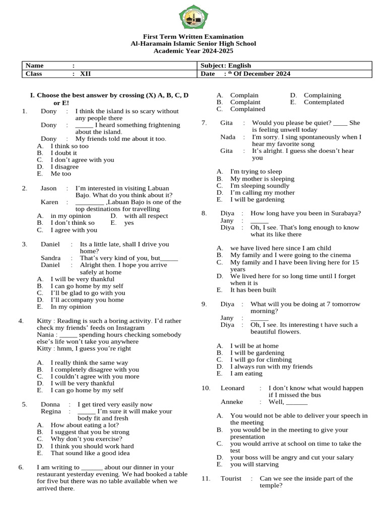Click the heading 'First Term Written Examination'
click(193, 37)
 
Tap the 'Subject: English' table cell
click(226, 65)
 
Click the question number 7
click(204, 123)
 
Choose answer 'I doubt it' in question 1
click(64, 153)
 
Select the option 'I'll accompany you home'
click(87, 300)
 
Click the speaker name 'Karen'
click(49, 202)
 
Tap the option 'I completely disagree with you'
click(95, 370)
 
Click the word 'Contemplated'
click(324, 102)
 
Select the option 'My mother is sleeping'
click(262, 179)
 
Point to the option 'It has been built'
click(253, 290)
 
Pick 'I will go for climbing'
click(261, 360)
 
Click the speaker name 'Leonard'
click(232, 388)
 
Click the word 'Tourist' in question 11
click(231, 478)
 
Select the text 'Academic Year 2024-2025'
click(193, 51)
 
